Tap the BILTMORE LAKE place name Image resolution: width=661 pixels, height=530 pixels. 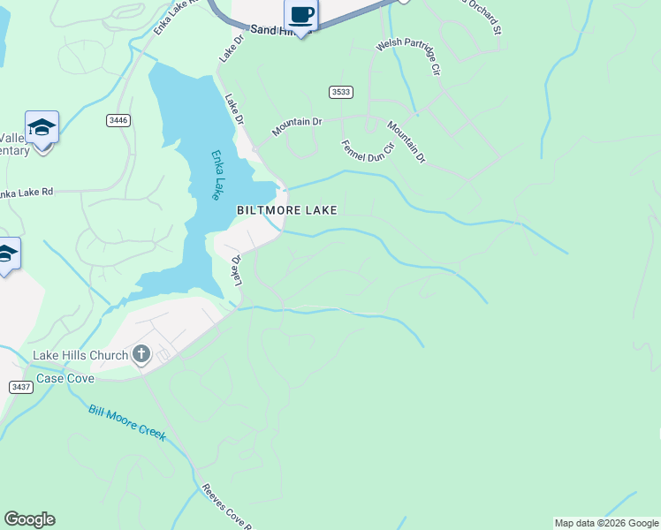pyautogui.click(x=286, y=210)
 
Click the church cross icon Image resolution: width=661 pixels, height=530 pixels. pyautogui.click(x=141, y=355)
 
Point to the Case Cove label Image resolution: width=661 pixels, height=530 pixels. pyautogui.click(x=64, y=378)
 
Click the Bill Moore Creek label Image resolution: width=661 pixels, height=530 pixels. pyautogui.click(x=127, y=422)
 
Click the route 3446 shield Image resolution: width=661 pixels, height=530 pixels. pyautogui.click(x=118, y=120)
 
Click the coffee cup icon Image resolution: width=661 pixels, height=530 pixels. pyautogui.click(x=301, y=15)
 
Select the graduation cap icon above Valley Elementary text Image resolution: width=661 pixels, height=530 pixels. pyautogui.click(x=42, y=128)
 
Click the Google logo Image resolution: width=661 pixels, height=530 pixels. pyautogui.click(x=29, y=519)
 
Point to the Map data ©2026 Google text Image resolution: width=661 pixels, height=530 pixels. pyautogui.click(x=606, y=523)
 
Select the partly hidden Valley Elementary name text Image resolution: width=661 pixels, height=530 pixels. pyautogui.click(x=14, y=144)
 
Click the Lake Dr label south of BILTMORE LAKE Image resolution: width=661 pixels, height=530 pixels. pyautogui.click(x=236, y=271)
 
